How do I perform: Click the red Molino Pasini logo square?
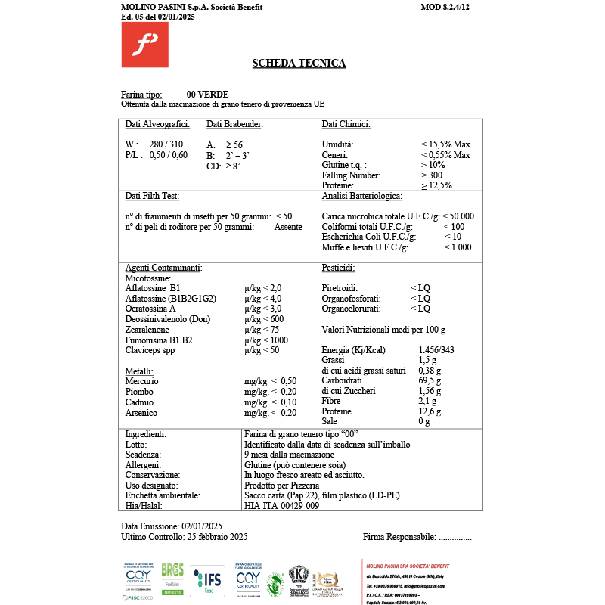point(144,45)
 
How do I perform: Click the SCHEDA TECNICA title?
point(299,64)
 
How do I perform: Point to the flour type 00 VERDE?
point(207,95)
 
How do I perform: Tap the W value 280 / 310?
point(166,144)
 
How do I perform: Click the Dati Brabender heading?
point(234,124)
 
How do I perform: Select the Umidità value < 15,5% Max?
point(445,144)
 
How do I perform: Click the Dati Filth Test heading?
point(152,196)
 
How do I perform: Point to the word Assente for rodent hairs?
point(288,227)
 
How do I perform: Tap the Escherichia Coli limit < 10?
point(453,237)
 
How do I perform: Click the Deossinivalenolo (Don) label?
point(167,319)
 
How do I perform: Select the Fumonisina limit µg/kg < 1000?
point(266,340)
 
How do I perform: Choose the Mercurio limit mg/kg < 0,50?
point(270,381)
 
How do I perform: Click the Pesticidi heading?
point(338,268)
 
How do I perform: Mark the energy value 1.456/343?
point(436,351)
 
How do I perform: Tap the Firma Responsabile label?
point(399,537)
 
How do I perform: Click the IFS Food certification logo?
point(208,581)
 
